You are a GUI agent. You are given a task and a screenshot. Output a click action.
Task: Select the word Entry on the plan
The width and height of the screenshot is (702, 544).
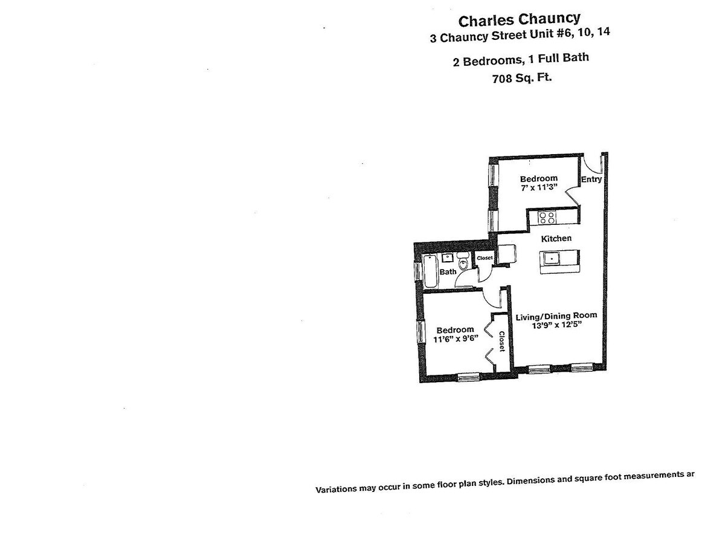591,180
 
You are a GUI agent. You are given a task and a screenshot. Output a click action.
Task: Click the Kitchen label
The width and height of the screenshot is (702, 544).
556,238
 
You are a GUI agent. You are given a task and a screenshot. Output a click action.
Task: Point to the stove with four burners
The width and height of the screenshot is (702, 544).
547,218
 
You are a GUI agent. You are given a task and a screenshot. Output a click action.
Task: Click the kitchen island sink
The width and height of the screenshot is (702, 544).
552,259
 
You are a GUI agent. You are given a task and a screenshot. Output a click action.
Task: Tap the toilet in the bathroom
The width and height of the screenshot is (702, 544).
463,264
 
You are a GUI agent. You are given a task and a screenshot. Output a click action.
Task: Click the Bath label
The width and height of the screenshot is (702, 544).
448,272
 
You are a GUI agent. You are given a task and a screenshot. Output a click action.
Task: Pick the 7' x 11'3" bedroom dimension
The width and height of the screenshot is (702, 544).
539,188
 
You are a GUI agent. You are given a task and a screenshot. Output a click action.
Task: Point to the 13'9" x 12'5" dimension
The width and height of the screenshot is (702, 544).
555,325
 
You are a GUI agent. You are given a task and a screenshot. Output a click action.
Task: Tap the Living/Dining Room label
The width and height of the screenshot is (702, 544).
556,316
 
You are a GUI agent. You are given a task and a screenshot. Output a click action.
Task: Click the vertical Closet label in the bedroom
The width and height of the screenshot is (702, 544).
501,342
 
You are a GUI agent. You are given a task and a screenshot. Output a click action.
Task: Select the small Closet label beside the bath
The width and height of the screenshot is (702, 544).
485,258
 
